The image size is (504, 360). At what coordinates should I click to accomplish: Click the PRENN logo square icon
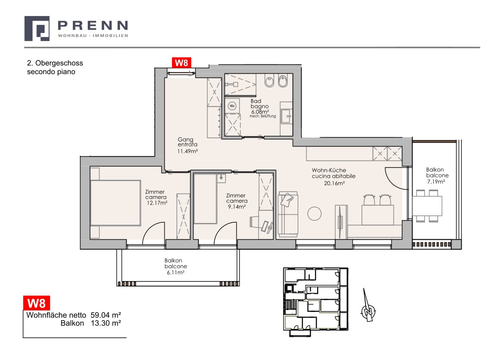click(x=37, y=28)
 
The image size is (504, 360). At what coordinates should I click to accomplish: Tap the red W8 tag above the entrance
click(x=182, y=63)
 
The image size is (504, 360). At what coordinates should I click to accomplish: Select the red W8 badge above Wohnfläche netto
click(x=36, y=303)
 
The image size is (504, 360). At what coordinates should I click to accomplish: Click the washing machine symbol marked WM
click(x=232, y=106)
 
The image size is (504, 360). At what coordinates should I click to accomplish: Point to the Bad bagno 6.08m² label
click(x=260, y=106)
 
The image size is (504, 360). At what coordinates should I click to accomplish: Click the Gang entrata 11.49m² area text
click(x=187, y=145)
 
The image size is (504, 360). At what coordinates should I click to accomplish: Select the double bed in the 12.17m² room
click(x=115, y=203)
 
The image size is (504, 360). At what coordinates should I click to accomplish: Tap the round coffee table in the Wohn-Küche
click(x=314, y=214)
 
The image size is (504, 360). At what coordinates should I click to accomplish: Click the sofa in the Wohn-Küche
click(x=288, y=214)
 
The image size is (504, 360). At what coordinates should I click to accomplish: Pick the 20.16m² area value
click(x=334, y=183)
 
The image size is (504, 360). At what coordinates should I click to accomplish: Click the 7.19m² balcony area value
click(x=436, y=182)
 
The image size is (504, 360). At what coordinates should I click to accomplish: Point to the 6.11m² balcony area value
click(x=175, y=273)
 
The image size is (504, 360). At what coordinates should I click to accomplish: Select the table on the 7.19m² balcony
click(x=427, y=206)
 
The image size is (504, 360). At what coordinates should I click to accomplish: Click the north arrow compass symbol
click(x=368, y=307)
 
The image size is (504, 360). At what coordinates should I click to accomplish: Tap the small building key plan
click(x=316, y=300)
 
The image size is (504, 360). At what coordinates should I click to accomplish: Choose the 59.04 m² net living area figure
click(x=106, y=315)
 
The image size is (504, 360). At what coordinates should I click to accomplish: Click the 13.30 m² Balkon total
click(x=106, y=323)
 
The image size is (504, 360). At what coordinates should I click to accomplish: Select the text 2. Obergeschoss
click(x=55, y=63)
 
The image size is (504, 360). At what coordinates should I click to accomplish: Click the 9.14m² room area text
click(x=237, y=207)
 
